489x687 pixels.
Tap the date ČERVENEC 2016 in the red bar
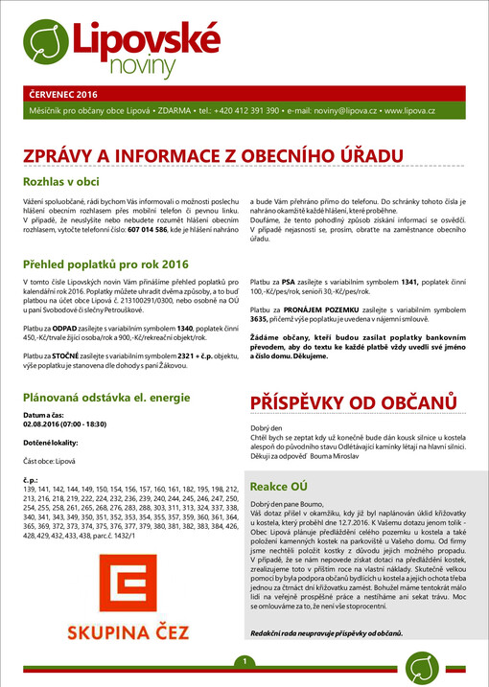coord(65,95)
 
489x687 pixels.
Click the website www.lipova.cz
coord(409,112)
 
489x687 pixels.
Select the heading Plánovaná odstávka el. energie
coord(112,396)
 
